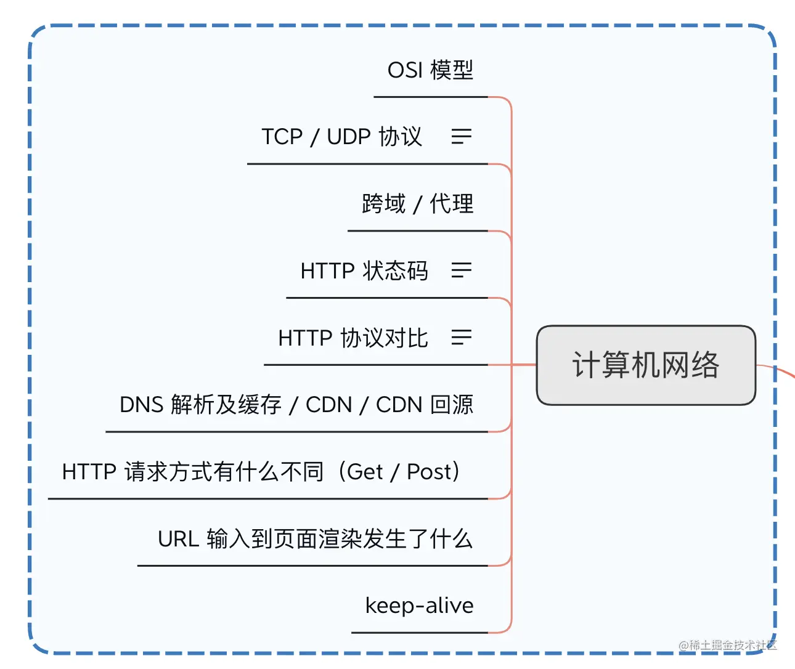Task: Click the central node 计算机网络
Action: pyautogui.click(x=646, y=365)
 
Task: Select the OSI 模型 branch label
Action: pyautogui.click(x=430, y=70)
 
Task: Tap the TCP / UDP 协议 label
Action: pyautogui.click(x=342, y=137)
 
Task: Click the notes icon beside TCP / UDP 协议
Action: pyautogui.click(x=461, y=137)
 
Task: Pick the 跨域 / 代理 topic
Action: pyautogui.click(x=418, y=204)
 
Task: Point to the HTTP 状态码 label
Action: pyautogui.click(x=364, y=271)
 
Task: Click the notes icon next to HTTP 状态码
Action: pyautogui.click(x=461, y=270)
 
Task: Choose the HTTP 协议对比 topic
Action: pyautogui.click(x=353, y=338)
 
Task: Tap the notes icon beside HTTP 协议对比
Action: pyautogui.click(x=461, y=338)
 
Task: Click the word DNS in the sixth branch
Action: pyautogui.click(x=141, y=405)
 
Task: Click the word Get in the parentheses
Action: pyautogui.click(x=365, y=472)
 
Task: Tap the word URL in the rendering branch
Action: pyautogui.click(x=178, y=539)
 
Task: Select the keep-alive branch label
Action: pyautogui.click(x=419, y=606)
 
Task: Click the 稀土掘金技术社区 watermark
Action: pyautogui.click(x=728, y=645)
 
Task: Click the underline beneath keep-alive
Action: pyautogui.click(x=419, y=633)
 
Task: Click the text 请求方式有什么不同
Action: pyautogui.click(x=224, y=472)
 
